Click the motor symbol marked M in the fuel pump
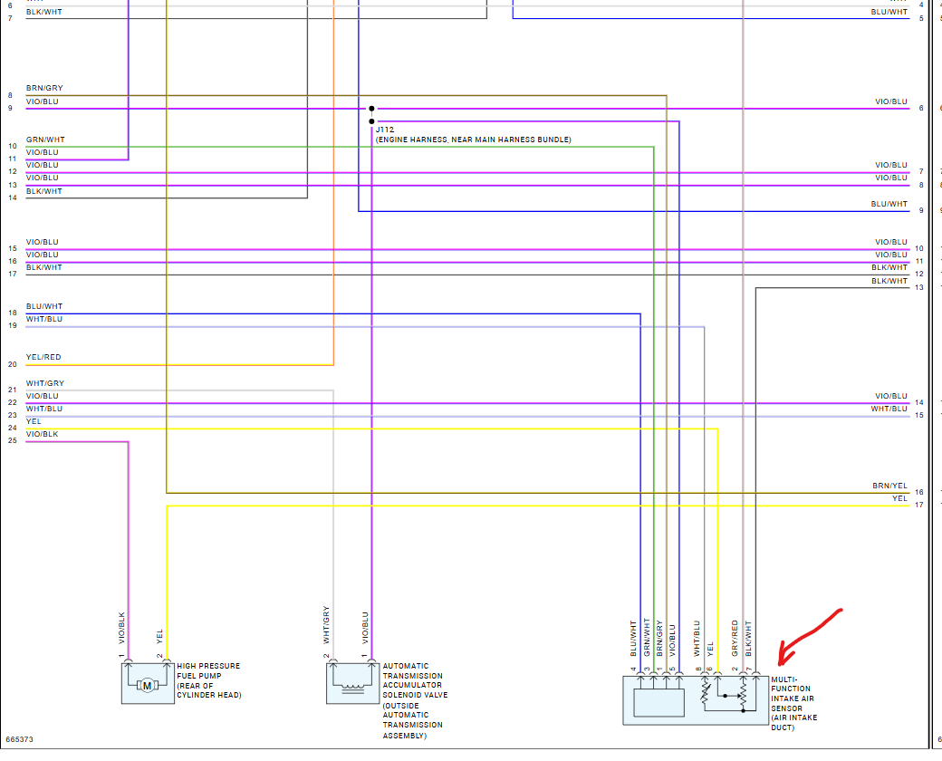[147, 685]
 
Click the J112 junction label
[386, 130]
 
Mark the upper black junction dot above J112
[371, 109]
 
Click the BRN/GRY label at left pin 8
[44, 89]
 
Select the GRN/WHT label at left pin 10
[45, 140]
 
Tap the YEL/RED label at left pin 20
[43, 357]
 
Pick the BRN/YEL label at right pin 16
[889, 486]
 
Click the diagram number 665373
[19, 739]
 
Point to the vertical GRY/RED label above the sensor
[735, 638]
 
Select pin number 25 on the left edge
[12, 440]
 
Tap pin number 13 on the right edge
[919, 287]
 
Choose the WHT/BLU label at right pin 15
[889, 409]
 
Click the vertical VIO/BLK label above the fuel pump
[120, 630]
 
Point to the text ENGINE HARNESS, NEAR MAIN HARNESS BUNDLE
[473, 140]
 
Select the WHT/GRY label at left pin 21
[45, 383]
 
